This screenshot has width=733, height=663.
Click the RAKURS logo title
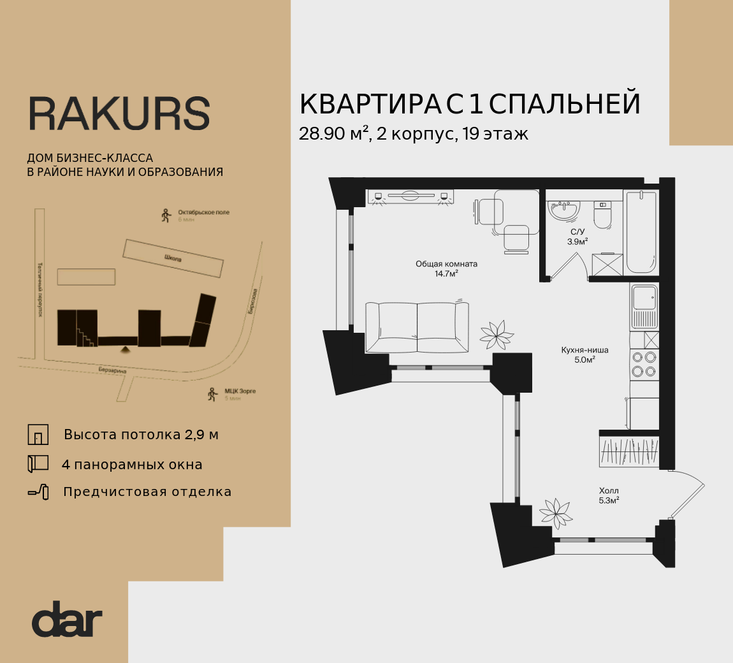(x=119, y=115)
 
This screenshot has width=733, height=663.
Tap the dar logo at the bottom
(x=67, y=619)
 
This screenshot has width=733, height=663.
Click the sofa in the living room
(x=417, y=326)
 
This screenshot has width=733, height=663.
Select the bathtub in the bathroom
(x=641, y=232)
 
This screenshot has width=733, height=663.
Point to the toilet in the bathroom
(x=602, y=215)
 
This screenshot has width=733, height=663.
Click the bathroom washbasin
(x=564, y=210)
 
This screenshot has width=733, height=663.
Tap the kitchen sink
(x=644, y=306)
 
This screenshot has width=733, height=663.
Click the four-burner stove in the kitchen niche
(x=644, y=364)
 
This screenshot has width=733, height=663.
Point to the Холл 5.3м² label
(x=609, y=495)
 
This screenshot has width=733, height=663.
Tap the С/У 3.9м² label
(x=577, y=237)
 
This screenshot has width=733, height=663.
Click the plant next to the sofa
(x=497, y=334)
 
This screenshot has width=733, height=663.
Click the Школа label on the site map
(x=173, y=259)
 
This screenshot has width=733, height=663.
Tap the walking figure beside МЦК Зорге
(x=212, y=395)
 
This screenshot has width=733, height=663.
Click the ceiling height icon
(x=38, y=434)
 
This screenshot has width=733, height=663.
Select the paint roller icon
(x=38, y=492)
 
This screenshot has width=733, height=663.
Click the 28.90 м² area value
(x=334, y=135)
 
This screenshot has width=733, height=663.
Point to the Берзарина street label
(x=112, y=370)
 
